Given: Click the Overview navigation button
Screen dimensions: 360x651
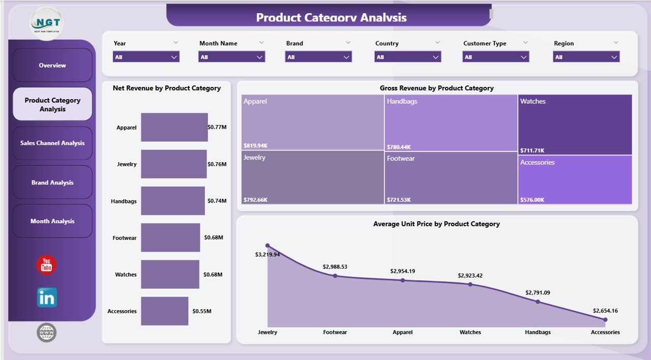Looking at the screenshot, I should (x=52, y=65).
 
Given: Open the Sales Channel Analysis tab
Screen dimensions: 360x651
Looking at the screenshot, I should (x=52, y=143).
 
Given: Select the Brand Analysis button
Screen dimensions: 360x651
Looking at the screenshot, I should (x=52, y=183).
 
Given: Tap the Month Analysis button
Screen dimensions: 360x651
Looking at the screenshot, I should (x=52, y=221).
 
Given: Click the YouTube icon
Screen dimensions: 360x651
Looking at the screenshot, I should (x=46, y=265).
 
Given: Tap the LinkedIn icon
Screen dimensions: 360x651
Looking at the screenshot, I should (x=47, y=297).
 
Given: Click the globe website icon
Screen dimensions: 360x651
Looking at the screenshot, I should (x=47, y=333).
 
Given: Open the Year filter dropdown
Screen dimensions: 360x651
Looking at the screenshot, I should (x=146, y=57).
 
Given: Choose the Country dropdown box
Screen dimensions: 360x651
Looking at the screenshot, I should (x=408, y=57).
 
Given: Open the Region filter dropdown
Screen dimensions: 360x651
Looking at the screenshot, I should (x=586, y=57).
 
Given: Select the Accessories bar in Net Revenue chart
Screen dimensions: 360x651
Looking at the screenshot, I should (x=164, y=311).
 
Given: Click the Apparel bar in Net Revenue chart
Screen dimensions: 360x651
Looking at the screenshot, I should (x=174, y=127).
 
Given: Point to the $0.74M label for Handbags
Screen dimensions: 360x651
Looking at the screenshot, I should (x=217, y=201).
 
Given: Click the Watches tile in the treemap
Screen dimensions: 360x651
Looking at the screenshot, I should (x=575, y=125).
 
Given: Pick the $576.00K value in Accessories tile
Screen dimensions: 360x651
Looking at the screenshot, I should (x=532, y=200).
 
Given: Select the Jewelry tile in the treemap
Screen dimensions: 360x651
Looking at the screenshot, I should (x=312, y=177).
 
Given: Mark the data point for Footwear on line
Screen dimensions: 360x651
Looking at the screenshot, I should (x=335, y=276).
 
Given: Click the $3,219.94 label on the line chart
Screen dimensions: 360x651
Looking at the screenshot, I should (x=268, y=254).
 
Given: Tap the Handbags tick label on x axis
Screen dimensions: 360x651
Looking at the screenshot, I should (x=538, y=332).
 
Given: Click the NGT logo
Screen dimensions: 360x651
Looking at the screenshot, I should (x=46, y=23).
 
